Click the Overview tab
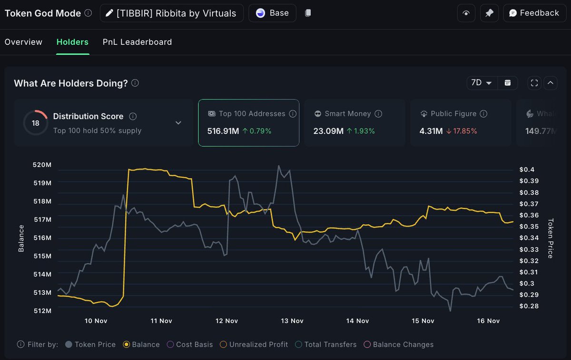pyautogui.click(x=23, y=42)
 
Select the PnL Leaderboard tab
pyautogui.click(x=137, y=42)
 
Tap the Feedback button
pyautogui.click(x=534, y=13)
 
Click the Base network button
pyautogui.click(x=272, y=13)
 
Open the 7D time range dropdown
pyautogui.click(x=482, y=83)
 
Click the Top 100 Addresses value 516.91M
pyautogui.click(x=223, y=130)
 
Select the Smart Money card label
pyautogui.click(x=348, y=114)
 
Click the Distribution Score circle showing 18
pyautogui.click(x=35, y=123)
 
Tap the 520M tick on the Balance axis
pyautogui.click(x=42, y=165)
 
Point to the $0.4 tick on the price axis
pyautogui.click(x=527, y=170)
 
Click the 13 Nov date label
pyautogui.click(x=292, y=321)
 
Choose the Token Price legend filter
pyautogui.click(x=95, y=344)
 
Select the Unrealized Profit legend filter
pyautogui.click(x=258, y=344)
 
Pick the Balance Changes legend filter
pyautogui.click(x=403, y=344)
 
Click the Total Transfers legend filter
pyautogui.click(x=330, y=344)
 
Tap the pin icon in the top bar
pyautogui.click(x=489, y=13)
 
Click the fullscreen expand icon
pyautogui.click(x=534, y=83)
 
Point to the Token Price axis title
pyautogui.click(x=551, y=238)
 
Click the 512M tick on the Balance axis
pyautogui.click(x=42, y=310)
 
